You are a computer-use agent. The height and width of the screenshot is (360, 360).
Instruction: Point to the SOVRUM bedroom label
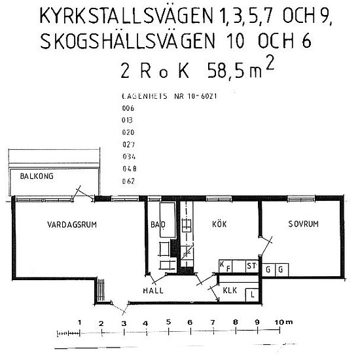coord(303,224)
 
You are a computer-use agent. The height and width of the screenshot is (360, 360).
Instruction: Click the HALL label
coord(153,290)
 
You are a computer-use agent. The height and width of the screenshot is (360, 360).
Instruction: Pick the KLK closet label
coord(229,289)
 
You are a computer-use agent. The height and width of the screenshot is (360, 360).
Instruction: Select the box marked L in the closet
coord(253,295)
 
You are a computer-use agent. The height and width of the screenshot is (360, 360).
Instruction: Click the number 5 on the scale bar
coord(168,323)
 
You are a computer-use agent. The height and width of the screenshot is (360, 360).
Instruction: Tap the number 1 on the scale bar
coord(79,323)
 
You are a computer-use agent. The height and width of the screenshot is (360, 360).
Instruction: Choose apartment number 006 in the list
coord(127,109)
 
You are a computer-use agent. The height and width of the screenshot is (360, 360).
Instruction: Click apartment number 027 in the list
coord(127,145)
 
